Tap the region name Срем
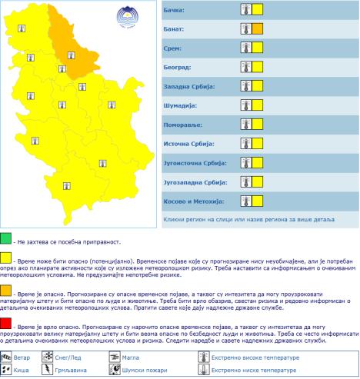pyautogui.click(x=175, y=48)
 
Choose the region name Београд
pyautogui.click(x=178, y=68)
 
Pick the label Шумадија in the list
pyautogui.click(x=182, y=105)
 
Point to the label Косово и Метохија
pyautogui.click(x=194, y=201)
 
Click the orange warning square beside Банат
pyautogui.click(x=258, y=29)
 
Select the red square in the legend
pyautogui.click(x=6, y=321)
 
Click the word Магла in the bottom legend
pyautogui.click(x=135, y=357)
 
